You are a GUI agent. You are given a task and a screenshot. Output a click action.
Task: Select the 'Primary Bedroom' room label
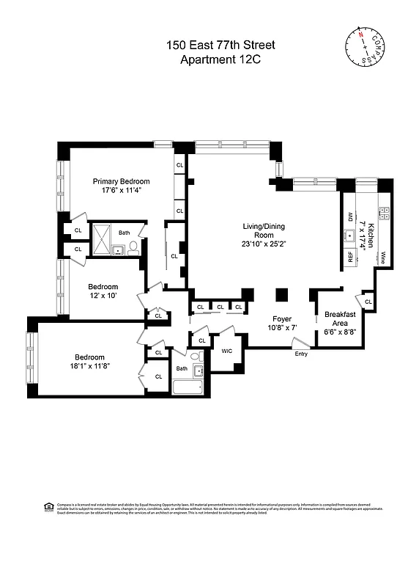[121, 181]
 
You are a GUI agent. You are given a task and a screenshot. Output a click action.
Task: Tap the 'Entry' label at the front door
[301, 354]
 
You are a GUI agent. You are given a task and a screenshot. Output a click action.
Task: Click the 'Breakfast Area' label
[340, 319]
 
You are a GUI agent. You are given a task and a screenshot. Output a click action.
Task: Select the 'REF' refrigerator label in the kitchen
[351, 257]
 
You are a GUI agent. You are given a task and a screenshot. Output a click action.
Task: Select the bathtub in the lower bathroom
[188, 387]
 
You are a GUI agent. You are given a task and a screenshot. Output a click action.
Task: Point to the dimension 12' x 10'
[103, 295]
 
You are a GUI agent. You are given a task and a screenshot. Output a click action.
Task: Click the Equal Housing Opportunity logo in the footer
[49, 506]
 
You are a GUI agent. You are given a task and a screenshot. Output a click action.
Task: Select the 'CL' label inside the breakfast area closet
[368, 302]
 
